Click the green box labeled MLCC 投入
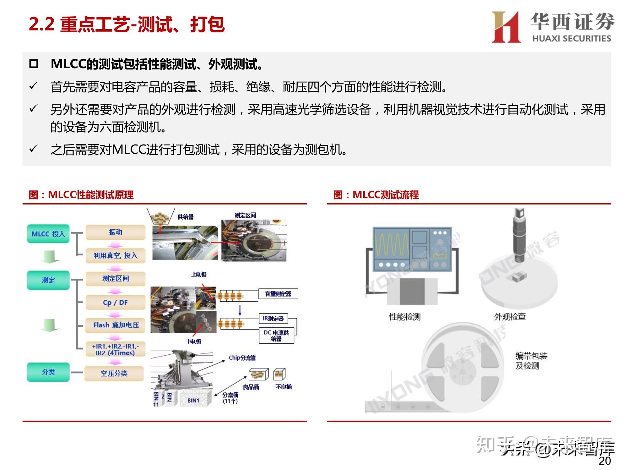point(48,234)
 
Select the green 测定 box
point(48,280)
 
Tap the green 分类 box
point(48,372)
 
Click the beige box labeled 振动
point(115,232)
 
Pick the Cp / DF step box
point(115,302)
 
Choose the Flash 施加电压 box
point(115,325)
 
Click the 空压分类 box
point(114,373)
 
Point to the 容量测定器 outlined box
point(278,294)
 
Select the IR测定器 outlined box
point(273,318)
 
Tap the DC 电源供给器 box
point(276,336)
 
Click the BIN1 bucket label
point(193,400)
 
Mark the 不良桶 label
point(283,387)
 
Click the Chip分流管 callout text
point(242,358)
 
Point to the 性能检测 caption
point(404,317)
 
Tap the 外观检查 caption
point(510,317)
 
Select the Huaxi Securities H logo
point(506,27)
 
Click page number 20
point(604,461)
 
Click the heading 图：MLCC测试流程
point(376,195)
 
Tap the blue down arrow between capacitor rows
point(240,310)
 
